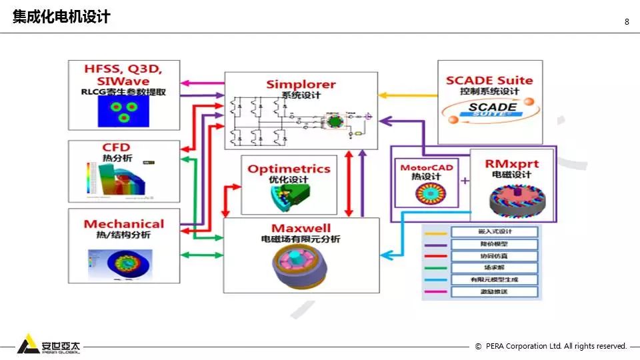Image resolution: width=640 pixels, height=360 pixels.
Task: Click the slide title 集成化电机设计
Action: [x=61, y=17]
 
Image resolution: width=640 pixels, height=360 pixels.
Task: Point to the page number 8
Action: [x=627, y=21]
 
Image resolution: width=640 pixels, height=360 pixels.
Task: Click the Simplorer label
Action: [x=301, y=84]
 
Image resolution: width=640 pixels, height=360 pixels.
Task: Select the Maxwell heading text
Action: [x=301, y=229]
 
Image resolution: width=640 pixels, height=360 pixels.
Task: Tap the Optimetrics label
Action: [x=289, y=169]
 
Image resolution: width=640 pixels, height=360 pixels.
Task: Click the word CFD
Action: [x=116, y=147]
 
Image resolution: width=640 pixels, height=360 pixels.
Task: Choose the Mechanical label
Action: [x=124, y=224]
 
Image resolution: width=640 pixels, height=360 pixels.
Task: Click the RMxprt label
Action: [x=511, y=163]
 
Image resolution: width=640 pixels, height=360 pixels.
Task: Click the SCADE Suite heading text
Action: [x=489, y=81]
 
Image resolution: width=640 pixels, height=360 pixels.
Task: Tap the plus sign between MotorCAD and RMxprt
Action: [x=465, y=181]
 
